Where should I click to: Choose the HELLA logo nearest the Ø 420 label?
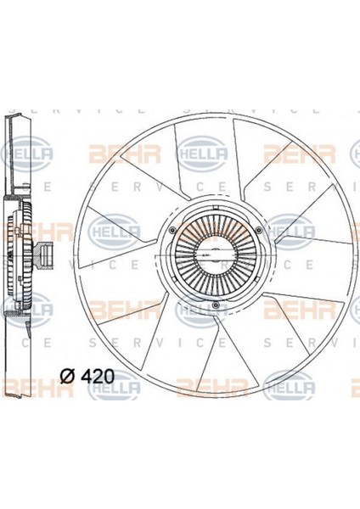[x=115, y=389]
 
